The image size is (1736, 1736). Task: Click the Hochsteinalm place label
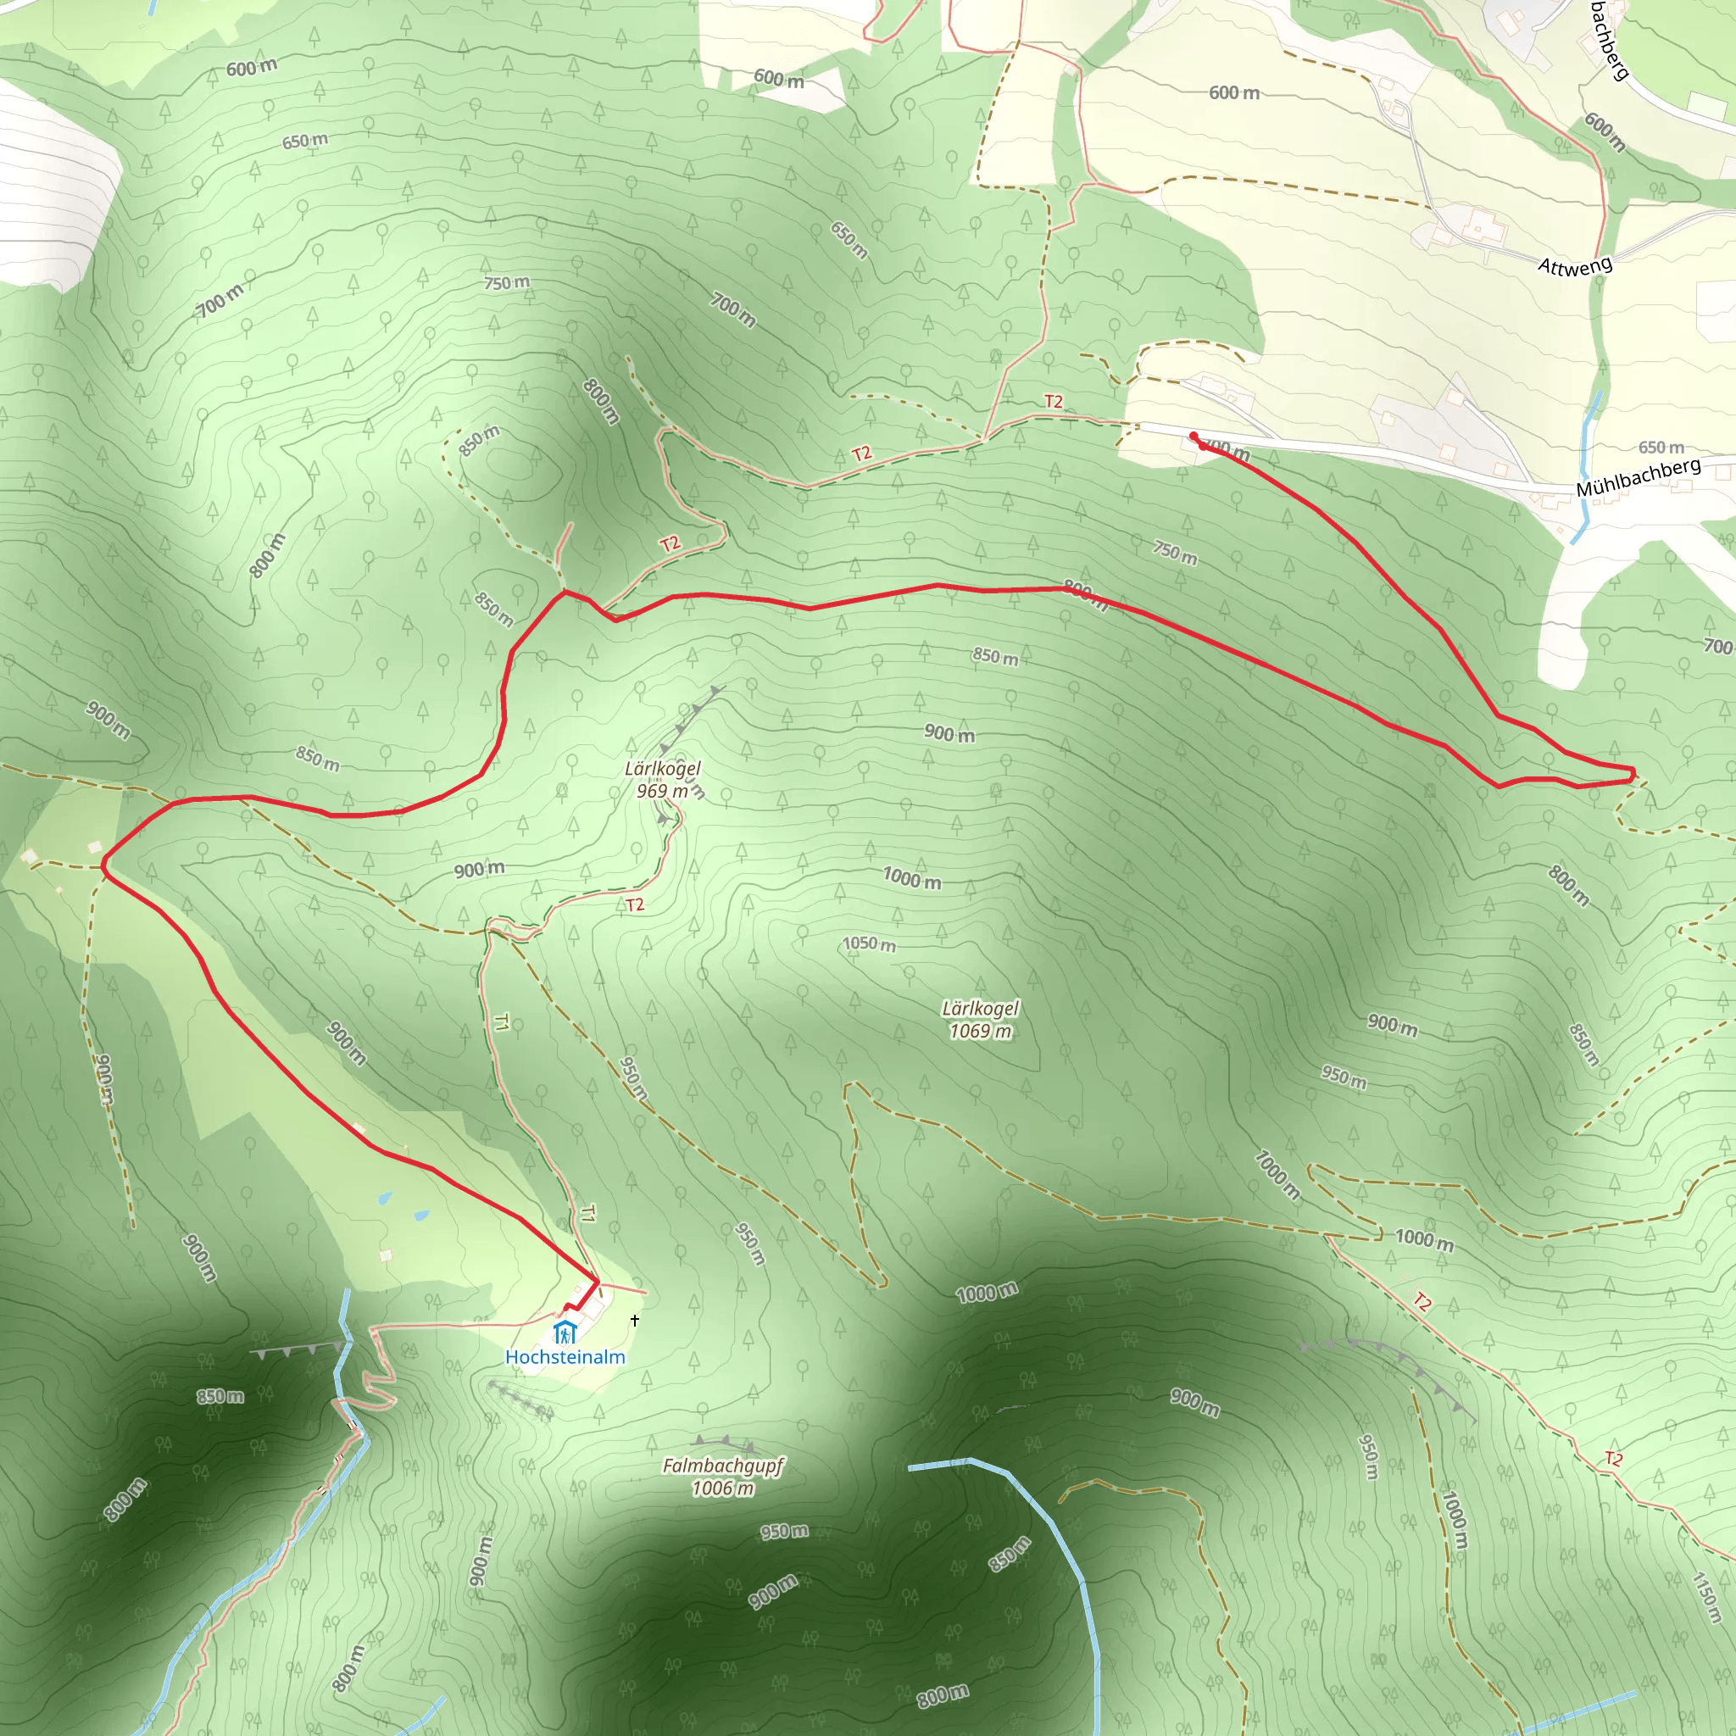point(565,1357)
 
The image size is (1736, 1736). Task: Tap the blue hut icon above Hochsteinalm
point(564,1332)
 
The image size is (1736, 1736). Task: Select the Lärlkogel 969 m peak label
point(662,779)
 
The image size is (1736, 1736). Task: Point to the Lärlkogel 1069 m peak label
point(981,1020)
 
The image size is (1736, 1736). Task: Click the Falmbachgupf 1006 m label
point(722,1477)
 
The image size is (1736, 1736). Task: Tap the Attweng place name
point(1574,265)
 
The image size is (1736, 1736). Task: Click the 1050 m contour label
point(868,943)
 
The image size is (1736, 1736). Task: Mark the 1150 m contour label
point(1705,1596)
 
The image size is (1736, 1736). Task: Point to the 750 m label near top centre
point(507,282)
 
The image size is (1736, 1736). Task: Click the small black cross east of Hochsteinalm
point(635,1320)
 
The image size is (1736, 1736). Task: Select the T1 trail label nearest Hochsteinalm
point(586,1214)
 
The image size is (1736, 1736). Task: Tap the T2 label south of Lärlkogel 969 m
point(634,904)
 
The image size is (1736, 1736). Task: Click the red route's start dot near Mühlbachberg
point(1193,437)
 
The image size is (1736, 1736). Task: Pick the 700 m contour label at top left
point(220,300)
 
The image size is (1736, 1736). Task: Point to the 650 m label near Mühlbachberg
point(1661,447)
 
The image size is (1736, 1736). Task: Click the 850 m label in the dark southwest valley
point(220,1396)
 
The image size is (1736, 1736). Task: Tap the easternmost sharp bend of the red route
point(1633,772)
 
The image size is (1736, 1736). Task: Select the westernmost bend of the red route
point(104,867)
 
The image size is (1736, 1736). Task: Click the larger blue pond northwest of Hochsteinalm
point(385,1198)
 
